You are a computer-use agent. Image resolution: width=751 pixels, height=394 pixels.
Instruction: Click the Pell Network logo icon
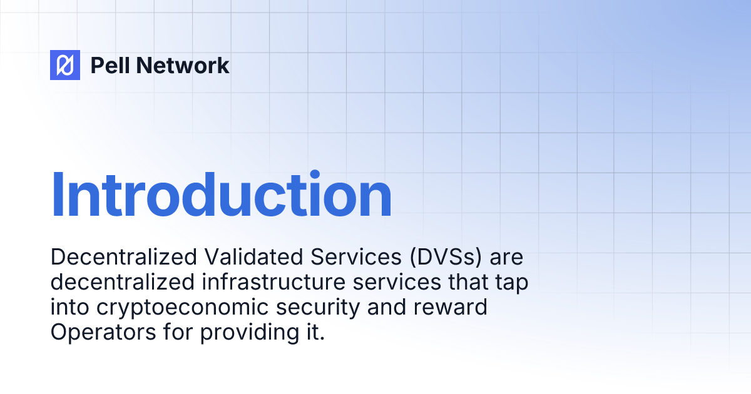(x=65, y=65)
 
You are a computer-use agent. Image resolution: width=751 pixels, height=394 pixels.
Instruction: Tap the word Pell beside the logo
(x=110, y=65)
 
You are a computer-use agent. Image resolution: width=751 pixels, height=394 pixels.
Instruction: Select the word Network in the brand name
(x=183, y=65)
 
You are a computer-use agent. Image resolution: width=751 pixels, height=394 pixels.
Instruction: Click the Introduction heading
(x=222, y=194)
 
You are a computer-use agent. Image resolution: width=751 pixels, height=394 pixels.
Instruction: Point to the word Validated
(x=254, y=257)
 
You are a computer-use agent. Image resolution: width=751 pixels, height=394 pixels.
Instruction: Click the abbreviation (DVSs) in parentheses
(x=446, y=257)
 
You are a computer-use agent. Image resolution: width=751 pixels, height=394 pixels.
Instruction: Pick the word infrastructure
(x=273, y=282)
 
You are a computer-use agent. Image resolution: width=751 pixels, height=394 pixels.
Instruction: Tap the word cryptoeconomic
(x=183, y=308)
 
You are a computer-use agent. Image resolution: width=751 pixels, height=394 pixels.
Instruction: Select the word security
(x=318, y=308)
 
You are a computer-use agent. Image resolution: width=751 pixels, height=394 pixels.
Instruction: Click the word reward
(x=450, y=307)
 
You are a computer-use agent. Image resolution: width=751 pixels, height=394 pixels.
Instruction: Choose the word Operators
(x=103, y=332)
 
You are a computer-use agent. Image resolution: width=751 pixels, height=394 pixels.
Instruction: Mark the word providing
(x=250, y=333)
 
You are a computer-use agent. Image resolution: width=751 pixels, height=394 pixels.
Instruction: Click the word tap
(x=512, y=283)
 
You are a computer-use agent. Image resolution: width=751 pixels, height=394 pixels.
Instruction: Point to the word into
(x=69, y=307)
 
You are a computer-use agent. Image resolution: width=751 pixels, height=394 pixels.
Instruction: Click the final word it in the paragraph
(x=316, y=332)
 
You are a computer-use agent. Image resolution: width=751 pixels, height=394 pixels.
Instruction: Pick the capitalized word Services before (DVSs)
(x=355, y=257)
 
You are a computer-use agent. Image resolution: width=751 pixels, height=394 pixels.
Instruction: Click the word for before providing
(x=178, y=331)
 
